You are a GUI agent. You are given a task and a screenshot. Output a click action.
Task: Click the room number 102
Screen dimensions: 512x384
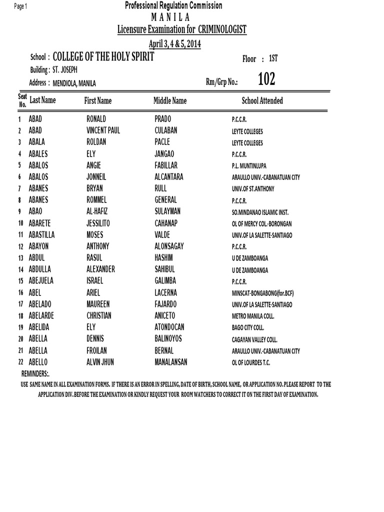pyautogui.click(x=266, y=79)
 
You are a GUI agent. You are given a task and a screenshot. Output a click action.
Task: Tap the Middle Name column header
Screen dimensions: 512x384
pyautogui.click(x=170, y=101)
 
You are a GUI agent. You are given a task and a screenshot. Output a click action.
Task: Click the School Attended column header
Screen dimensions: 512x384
pyautogui.click(x=262, y=101)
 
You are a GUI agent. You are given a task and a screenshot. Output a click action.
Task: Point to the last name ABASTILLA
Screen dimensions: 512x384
pyautogui.click(x=42, y=234)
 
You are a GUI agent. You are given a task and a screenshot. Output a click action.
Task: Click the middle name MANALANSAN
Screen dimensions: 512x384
pyautogui.click(x=171, y=361)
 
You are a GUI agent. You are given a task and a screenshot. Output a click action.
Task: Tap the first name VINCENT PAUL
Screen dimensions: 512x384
pyautogui.click(x=103, y=131)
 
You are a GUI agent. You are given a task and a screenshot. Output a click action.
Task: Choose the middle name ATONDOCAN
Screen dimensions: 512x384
pyautogui.click(x=170, y=327)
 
